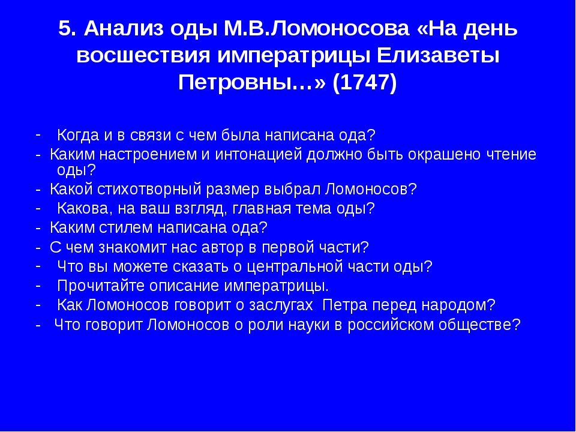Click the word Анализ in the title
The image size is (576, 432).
123,29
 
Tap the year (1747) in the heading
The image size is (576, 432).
365,82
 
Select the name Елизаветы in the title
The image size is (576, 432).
438,55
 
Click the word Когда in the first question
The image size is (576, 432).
78,135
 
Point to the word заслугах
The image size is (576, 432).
281,305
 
